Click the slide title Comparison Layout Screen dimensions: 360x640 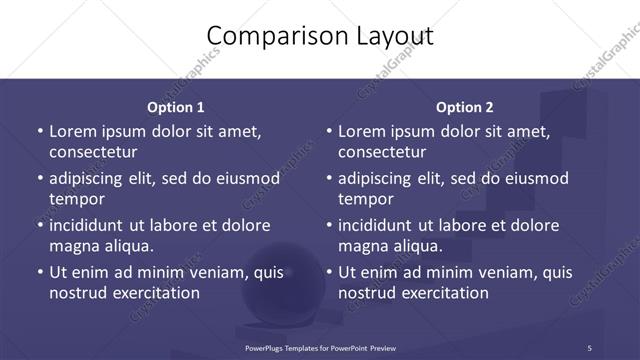click(320, 36)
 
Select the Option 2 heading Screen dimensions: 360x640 click(465, 107)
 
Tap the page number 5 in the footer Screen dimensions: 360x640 click(589, 348)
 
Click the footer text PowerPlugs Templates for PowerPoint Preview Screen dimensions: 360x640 click(320, 348)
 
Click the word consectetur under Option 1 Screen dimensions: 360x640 click(93, 152)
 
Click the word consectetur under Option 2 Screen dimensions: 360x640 click(382, 152)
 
